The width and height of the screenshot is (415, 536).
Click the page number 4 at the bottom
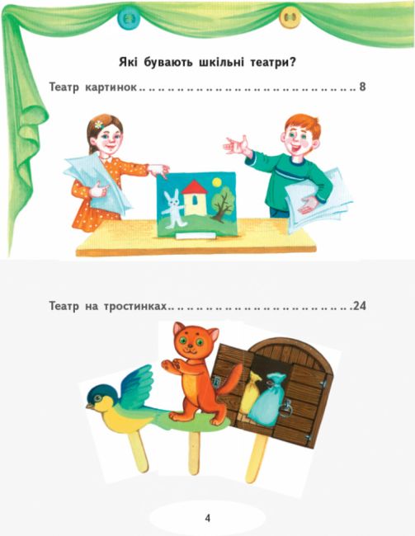(207, 518)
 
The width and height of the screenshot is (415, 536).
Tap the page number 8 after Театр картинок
(363, 86)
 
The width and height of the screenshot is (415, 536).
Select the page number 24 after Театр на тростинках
(358, 306)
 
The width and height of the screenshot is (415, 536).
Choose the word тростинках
(133, 306)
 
